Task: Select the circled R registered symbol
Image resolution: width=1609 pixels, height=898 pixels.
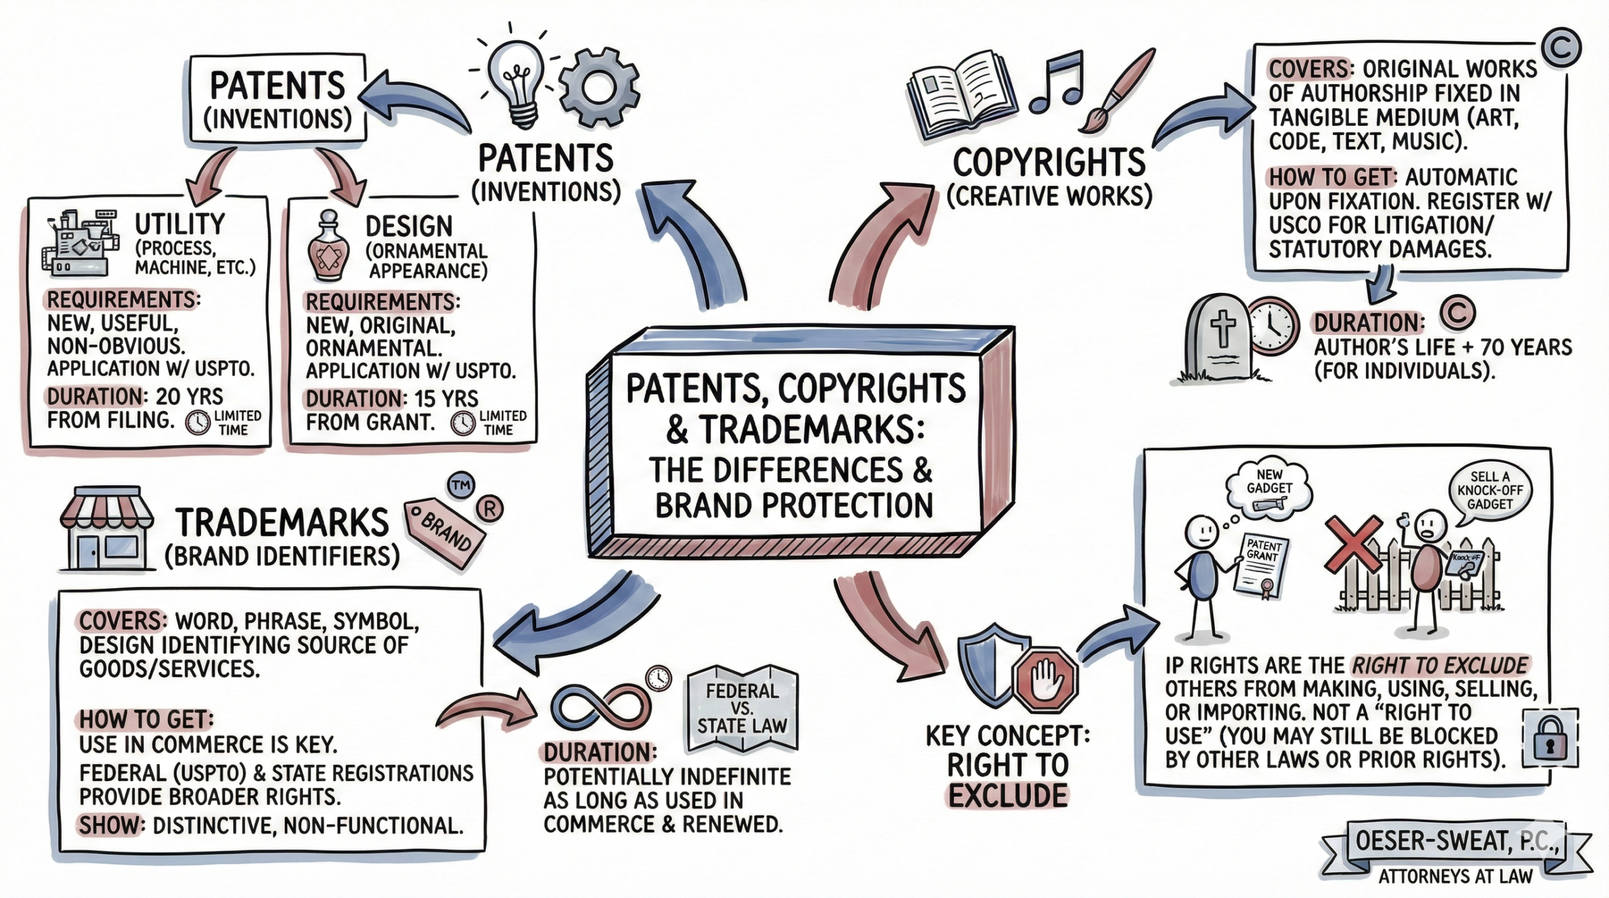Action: click(490, 509)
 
